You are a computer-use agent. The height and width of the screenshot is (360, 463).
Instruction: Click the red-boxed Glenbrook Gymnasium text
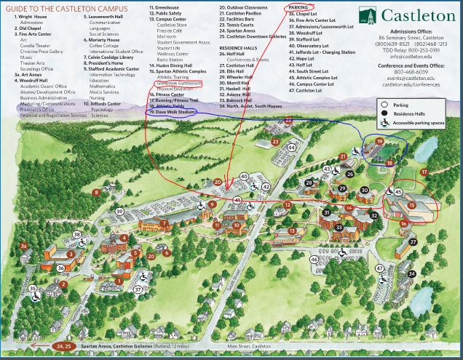coord(175,84)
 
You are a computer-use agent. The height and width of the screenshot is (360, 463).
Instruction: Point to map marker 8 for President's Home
coord(96,192)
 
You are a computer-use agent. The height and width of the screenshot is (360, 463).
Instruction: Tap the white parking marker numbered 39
coord(119,212)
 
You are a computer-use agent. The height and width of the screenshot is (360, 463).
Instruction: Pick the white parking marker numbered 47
coord(379,268)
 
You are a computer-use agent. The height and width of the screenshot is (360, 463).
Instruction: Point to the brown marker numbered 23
coord(275,141)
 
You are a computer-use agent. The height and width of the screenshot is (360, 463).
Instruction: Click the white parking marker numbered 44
coord(291,148)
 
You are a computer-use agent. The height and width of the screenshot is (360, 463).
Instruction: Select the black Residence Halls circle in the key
coord(384,114)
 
